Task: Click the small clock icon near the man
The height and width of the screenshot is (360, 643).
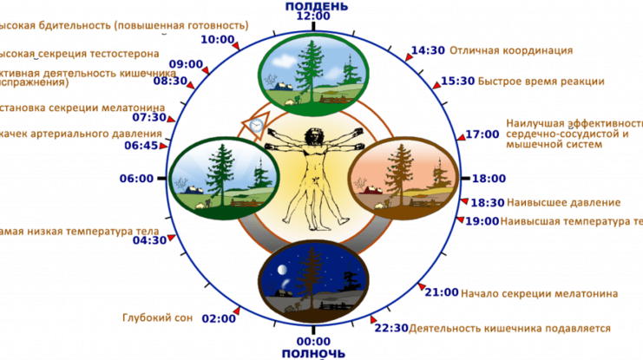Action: tap(255, 126)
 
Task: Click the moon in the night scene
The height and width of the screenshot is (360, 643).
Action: tap(283, 271)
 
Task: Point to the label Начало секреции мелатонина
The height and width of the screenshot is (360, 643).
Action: tap(539, 293)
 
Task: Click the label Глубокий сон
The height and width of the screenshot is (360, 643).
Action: tap(156, 318)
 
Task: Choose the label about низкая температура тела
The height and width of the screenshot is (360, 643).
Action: tap(78, 232)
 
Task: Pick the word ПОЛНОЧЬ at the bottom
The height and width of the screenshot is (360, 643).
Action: tap(313, 354)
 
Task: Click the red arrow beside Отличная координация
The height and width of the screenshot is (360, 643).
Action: tap(408, 56)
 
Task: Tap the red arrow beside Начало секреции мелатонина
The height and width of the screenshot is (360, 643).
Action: tap(421, 289)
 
